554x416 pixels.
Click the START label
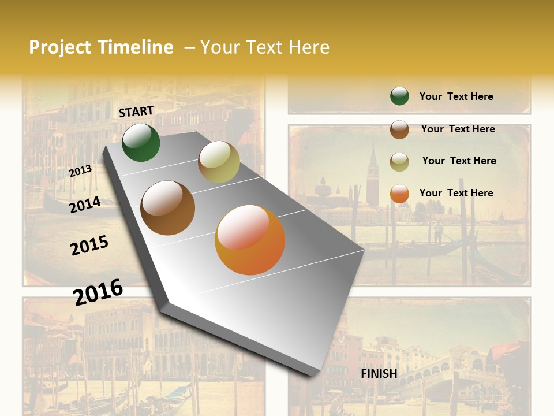136,112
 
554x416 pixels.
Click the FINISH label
379,374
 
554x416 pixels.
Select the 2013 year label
81,171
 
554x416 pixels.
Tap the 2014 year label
85,205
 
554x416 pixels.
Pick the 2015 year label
89,246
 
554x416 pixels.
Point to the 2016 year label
98,292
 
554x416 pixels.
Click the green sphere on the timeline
141,142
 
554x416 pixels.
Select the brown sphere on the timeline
168,208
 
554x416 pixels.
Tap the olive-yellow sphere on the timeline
219,162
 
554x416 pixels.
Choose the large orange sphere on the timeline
250,240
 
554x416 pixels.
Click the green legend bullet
399,96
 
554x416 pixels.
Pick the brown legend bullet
399,129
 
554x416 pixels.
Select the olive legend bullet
399,162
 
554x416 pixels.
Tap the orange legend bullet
399,194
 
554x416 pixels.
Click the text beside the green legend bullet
456,96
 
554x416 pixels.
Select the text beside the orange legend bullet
456,193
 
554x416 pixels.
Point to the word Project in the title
60,47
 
